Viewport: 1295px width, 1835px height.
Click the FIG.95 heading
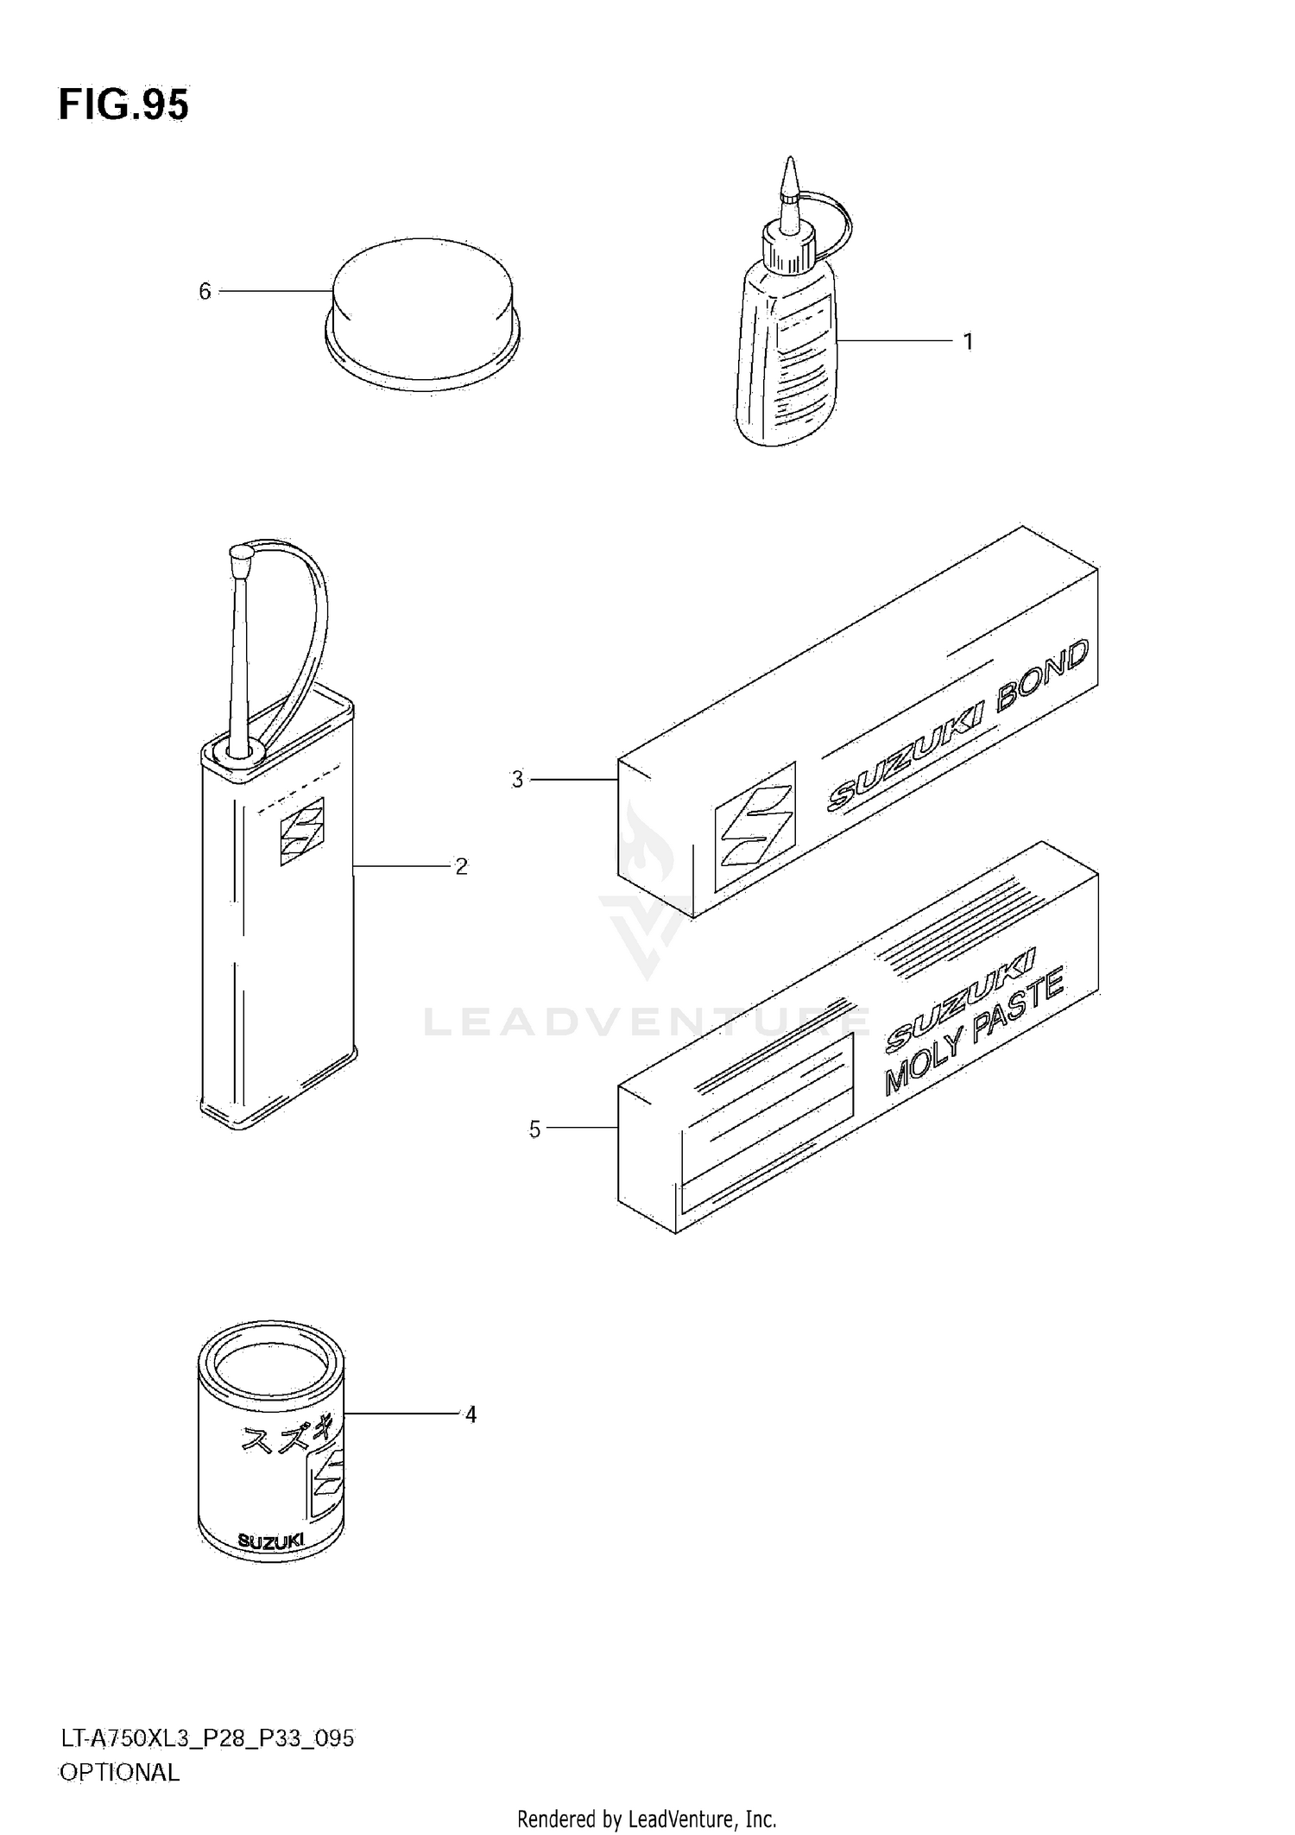(x=123, y=106)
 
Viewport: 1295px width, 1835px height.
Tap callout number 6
(x=205, y=292)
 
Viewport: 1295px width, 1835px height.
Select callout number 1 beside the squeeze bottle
(x=969, y=342)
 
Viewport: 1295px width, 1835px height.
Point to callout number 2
(x=461, y=866)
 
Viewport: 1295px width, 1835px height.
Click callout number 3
(x=517, y=780)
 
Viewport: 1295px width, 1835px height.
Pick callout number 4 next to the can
(x=471, y=1414)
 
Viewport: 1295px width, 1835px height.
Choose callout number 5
(x=534, y=1129)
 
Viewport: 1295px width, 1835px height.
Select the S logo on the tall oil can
(x=302, y=831)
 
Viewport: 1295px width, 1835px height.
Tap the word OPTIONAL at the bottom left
(x=119, y=1772)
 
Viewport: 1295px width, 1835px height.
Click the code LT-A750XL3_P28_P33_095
(x=206, y=1737)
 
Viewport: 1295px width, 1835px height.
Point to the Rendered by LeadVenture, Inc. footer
(x=647, y=1819)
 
